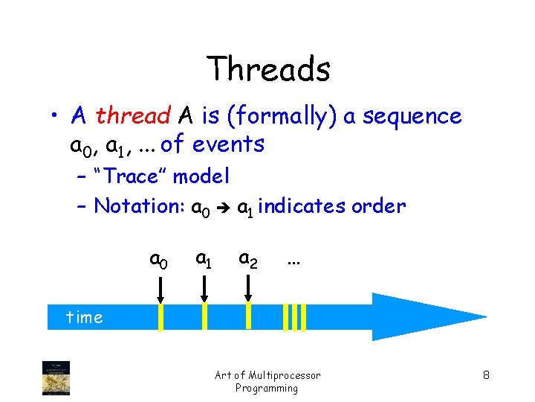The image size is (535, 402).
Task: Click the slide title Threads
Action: tap(268, 69)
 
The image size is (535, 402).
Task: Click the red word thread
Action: tap(133, 116)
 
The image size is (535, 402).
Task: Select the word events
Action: tap(228, 144)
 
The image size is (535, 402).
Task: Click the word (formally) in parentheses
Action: tap(278, 117)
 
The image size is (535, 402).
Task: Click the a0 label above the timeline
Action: tap(158, 260)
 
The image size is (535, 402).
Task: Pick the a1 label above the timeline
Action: tap(203, 258)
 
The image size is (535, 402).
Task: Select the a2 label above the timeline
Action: tap(247, 258)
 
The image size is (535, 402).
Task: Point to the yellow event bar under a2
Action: tap(249, 316)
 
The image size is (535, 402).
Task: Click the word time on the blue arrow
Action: tap(84, 317)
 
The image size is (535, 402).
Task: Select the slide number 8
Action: tap(485, 374)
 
